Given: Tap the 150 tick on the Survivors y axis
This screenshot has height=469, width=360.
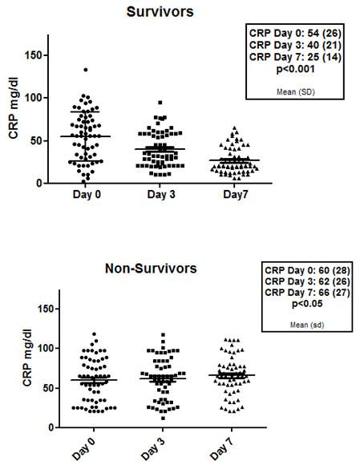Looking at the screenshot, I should pos(35,55).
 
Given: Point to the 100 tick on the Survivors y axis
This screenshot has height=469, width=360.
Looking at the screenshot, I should pos(35,98).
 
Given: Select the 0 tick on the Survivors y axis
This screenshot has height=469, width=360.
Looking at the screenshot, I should pos(40,183).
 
